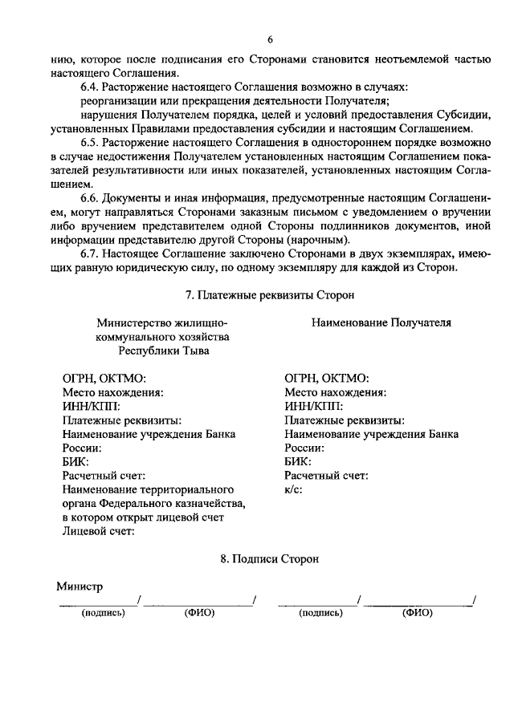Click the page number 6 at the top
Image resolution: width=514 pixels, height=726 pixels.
point(271,39)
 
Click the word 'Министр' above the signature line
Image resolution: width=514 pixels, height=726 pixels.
point(80,586)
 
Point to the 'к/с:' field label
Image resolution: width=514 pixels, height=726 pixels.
point(293,490)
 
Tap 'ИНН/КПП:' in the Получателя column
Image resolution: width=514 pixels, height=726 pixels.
point(313,406)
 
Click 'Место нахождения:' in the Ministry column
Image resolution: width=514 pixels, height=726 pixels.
point(113,392)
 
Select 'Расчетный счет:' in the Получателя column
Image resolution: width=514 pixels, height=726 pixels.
point(326,476)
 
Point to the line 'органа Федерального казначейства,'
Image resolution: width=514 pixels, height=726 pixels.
point(153,503)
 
